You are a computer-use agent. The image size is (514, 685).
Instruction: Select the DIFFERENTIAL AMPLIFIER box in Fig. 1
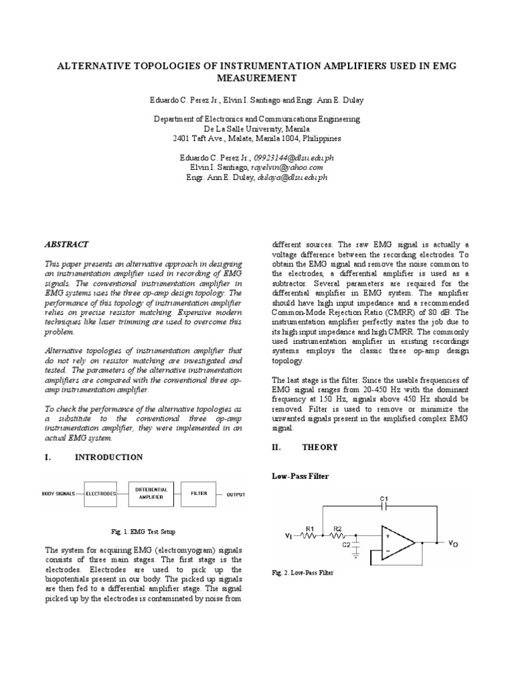[152, 494]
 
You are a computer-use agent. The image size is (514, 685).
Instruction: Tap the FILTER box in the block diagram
[199, 494]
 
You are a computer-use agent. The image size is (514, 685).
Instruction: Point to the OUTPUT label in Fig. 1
[236, 494]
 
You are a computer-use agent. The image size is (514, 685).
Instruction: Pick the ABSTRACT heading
[66, 245]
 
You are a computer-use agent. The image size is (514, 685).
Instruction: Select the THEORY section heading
[318, 447]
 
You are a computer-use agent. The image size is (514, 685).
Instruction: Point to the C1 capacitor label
[384, 498]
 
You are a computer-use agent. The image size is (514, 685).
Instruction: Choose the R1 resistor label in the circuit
[310, 528]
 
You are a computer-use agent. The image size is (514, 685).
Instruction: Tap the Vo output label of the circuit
[453, 545]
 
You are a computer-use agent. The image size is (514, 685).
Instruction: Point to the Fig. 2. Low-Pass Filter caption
[302, 573]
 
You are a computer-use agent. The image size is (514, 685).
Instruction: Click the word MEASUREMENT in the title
[256, 78]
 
